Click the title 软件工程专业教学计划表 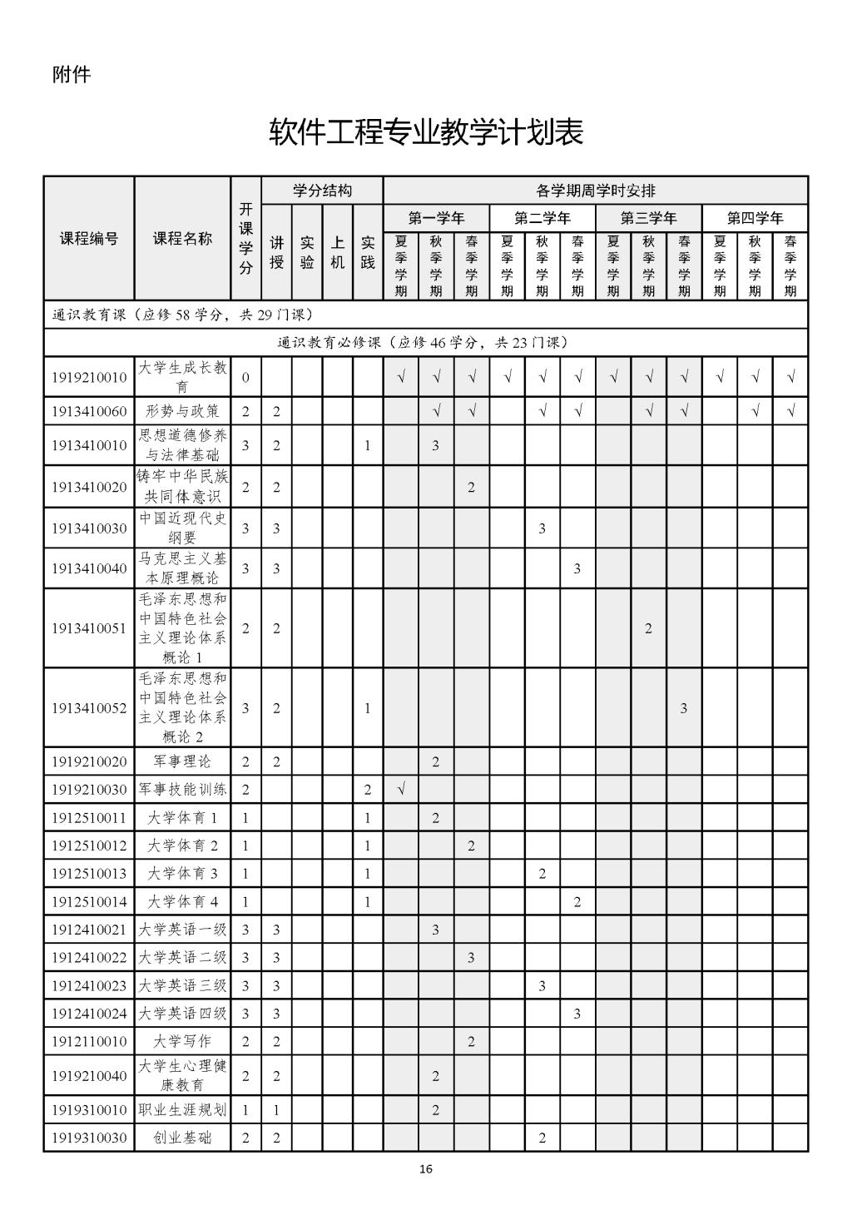425,132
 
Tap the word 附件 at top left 72,75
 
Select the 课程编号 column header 89,239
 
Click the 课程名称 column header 182,239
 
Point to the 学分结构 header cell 322,191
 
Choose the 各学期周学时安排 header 595,191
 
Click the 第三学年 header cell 648,219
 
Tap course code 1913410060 89,411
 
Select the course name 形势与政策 182,411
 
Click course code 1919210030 89,790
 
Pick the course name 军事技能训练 182,790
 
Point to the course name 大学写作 182,1041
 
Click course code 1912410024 89,1014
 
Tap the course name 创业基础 182,1138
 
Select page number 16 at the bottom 426,1169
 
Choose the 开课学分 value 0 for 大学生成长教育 245,378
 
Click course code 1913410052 89,708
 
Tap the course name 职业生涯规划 182,1110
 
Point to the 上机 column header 338,252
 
